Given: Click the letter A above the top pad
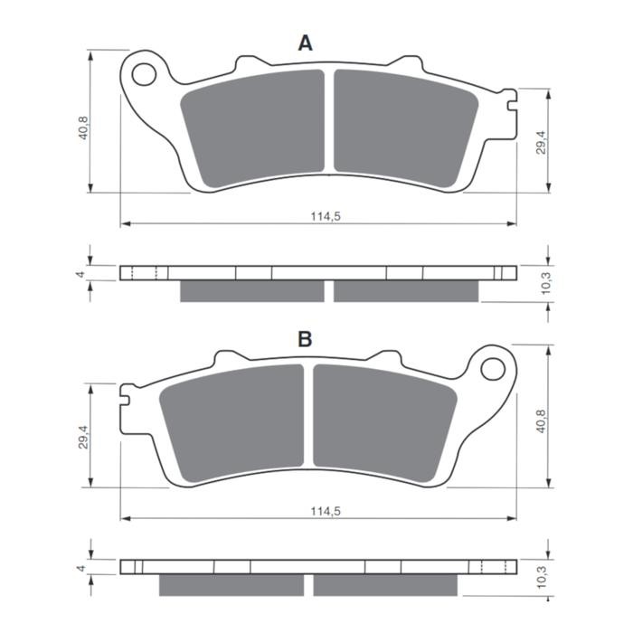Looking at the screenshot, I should pyautogui.click(x=306, y=43).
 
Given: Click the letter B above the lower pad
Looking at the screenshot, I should pyautogui.click(x=306, y=339).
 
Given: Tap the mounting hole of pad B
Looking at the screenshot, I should pyautogui.click(x=493, y=368).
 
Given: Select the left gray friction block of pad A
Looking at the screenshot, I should pyautogui.click(x=253, y=127).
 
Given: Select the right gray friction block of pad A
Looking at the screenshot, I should pyautogui.click(x=405, y=127).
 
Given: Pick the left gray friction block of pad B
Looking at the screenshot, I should pyautogui.click(x=232, y=420).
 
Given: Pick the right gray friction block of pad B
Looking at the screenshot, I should pyautogui.click(x=383, y=420).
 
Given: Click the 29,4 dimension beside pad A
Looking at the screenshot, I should pyautogui.click(x=539, y=143).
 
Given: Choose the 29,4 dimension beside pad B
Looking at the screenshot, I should pyautogui.click(x=83, y=437).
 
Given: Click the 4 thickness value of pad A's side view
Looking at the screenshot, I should pyautogui.click(x=80, y=273).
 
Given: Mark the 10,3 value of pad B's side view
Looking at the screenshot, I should pyautogui.click(x=545, y=579).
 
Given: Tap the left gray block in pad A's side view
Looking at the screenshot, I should pyautogui.click(x=251, y=290).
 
